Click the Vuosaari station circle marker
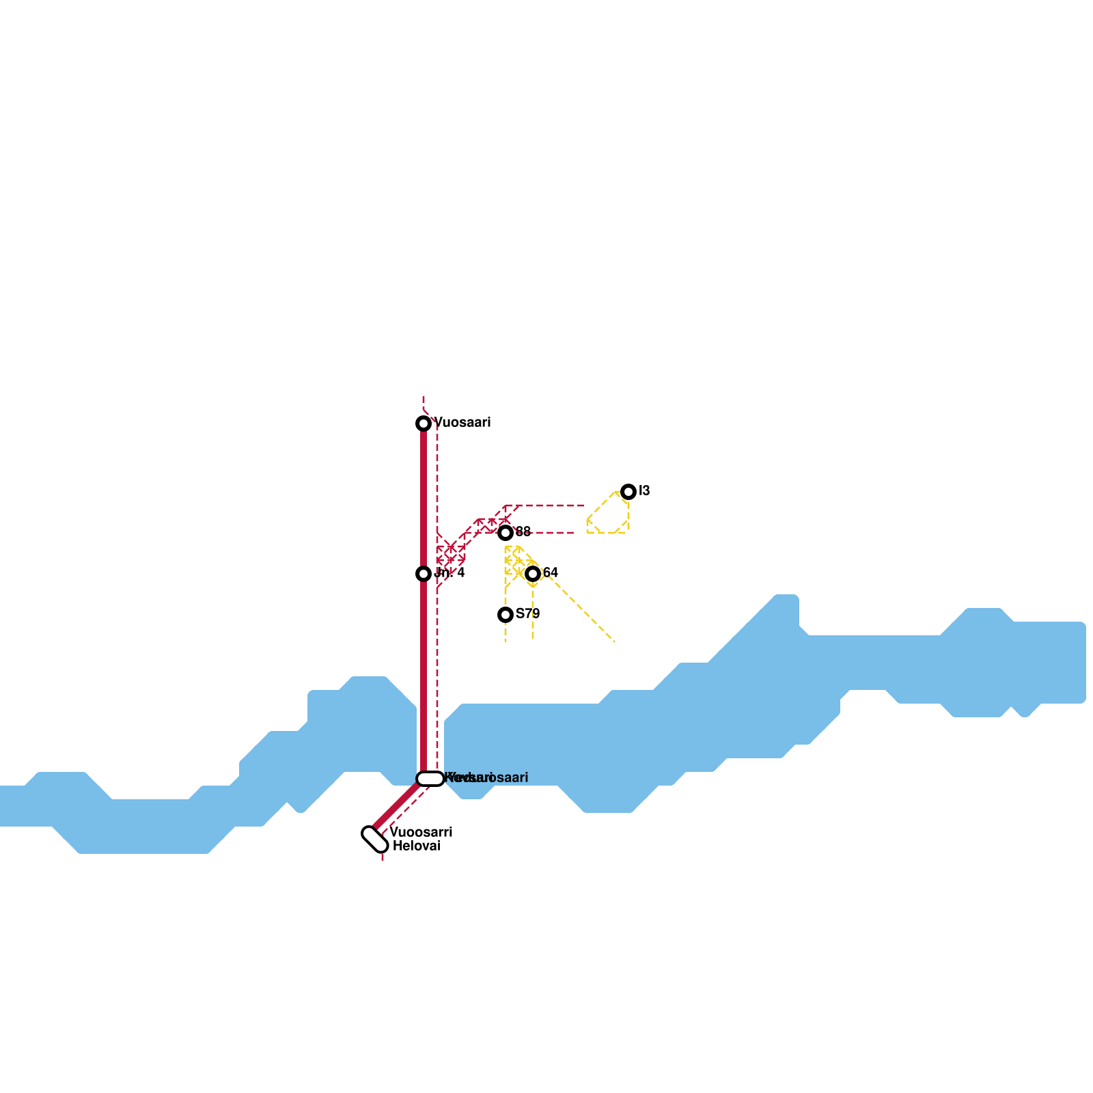[424, 424]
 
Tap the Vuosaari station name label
[462, 423]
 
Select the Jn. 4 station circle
[424, 574]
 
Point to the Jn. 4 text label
[449, 573]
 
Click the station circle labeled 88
[506, 533]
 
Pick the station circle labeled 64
[533, 574]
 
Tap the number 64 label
[551, 573]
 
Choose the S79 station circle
[506, 615]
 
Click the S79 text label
[527, 614]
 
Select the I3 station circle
[628, 492]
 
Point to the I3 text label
[644, 491]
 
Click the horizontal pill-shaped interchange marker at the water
[430, 779]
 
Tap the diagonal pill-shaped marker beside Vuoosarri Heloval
[375, 840]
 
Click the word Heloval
[416, 846]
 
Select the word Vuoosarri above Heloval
[421, 833]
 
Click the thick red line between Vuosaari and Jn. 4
[424, 499]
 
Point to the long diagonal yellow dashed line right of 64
[581, 608]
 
